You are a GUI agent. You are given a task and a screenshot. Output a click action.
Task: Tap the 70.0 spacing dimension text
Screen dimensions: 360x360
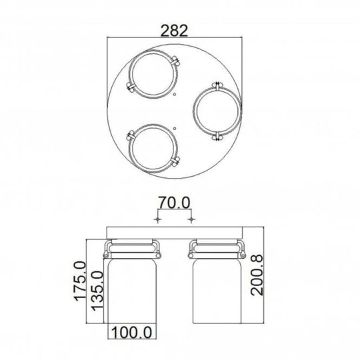click(174, 201)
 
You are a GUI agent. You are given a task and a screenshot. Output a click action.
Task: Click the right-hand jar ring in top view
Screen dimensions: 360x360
click(215, 111)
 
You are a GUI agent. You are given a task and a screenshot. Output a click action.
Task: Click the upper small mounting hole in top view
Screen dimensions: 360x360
click(175, 95)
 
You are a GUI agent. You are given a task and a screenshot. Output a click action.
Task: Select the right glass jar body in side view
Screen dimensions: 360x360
click(215, 297)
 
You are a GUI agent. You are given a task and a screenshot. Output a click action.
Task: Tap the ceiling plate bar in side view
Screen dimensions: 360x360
click(174, 231)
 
